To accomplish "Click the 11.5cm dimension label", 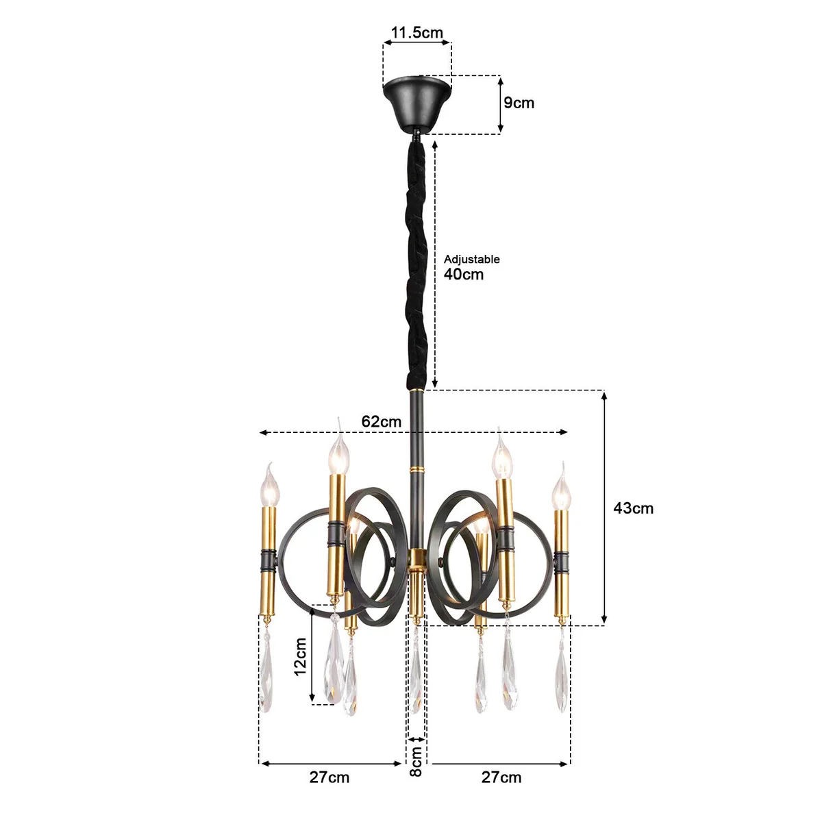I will pos(417,32).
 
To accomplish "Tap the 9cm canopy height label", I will pos(519,103).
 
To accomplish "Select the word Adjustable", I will pos(472,259).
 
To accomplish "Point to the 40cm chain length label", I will pos(464,275).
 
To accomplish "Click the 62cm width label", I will pos(382,421).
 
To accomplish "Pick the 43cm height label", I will pos(633,508).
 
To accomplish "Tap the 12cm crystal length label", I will pos(300,656).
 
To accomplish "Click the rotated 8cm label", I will pos(416,762).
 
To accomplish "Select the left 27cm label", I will pos(329,777).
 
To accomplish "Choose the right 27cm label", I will pos(501,777).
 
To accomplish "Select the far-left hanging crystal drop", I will pos(266,675).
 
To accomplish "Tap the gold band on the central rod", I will pos(415,470).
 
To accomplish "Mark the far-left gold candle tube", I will pos(268,562).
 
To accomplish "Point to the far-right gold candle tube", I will pos(562,562).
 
